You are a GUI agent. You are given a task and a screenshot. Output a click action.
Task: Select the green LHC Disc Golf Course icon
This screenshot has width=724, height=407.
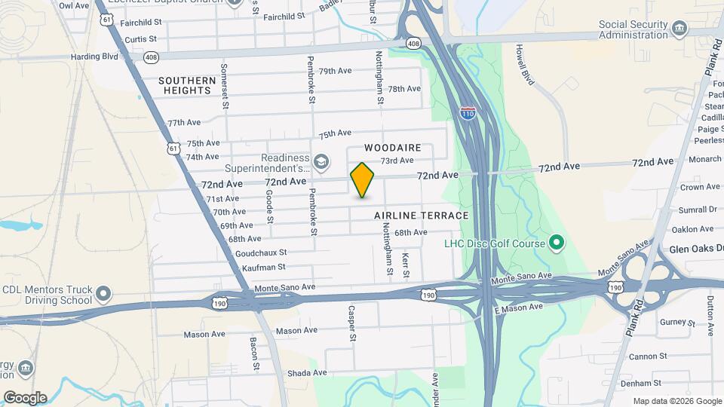pyautogui.click(x=557, y=243)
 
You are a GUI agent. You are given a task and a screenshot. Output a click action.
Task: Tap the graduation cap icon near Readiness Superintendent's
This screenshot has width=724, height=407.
pyautogui.click(x=321, y=161)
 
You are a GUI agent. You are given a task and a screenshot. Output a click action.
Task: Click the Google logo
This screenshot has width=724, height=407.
pyautogui.click(x=25, y=397)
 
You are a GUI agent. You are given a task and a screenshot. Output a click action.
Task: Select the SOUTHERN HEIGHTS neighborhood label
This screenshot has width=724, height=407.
pyautogui.click(x=186, y=85)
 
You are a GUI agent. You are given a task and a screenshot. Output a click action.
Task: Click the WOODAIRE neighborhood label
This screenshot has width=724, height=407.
pyautogui.click(x=392, y=148)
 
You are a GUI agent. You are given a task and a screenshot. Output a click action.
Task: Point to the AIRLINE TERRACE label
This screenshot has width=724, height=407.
pyautogui.click(x=422, y=216)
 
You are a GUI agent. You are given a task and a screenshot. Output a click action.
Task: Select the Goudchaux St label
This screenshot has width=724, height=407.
pyautogui.click(x=261, y=253)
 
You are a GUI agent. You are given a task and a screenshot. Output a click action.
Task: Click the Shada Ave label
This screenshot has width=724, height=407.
pyautogui.click(x=308, y=372)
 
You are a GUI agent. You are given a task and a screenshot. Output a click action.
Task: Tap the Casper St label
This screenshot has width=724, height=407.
pyautogui.click(x=352, y=323)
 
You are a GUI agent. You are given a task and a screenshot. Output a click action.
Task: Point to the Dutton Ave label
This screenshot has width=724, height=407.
pyautogui.click(x=710, y=309)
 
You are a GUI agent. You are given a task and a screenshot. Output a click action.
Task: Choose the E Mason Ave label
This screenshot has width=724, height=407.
pyautogui.click(x=518, y=308)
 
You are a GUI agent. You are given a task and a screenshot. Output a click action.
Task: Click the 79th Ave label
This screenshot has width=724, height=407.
pyautogui.click(x=336, y=71)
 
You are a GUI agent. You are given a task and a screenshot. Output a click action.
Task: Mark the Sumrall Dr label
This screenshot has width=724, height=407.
pyautogui.click(x=698, y=209)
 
